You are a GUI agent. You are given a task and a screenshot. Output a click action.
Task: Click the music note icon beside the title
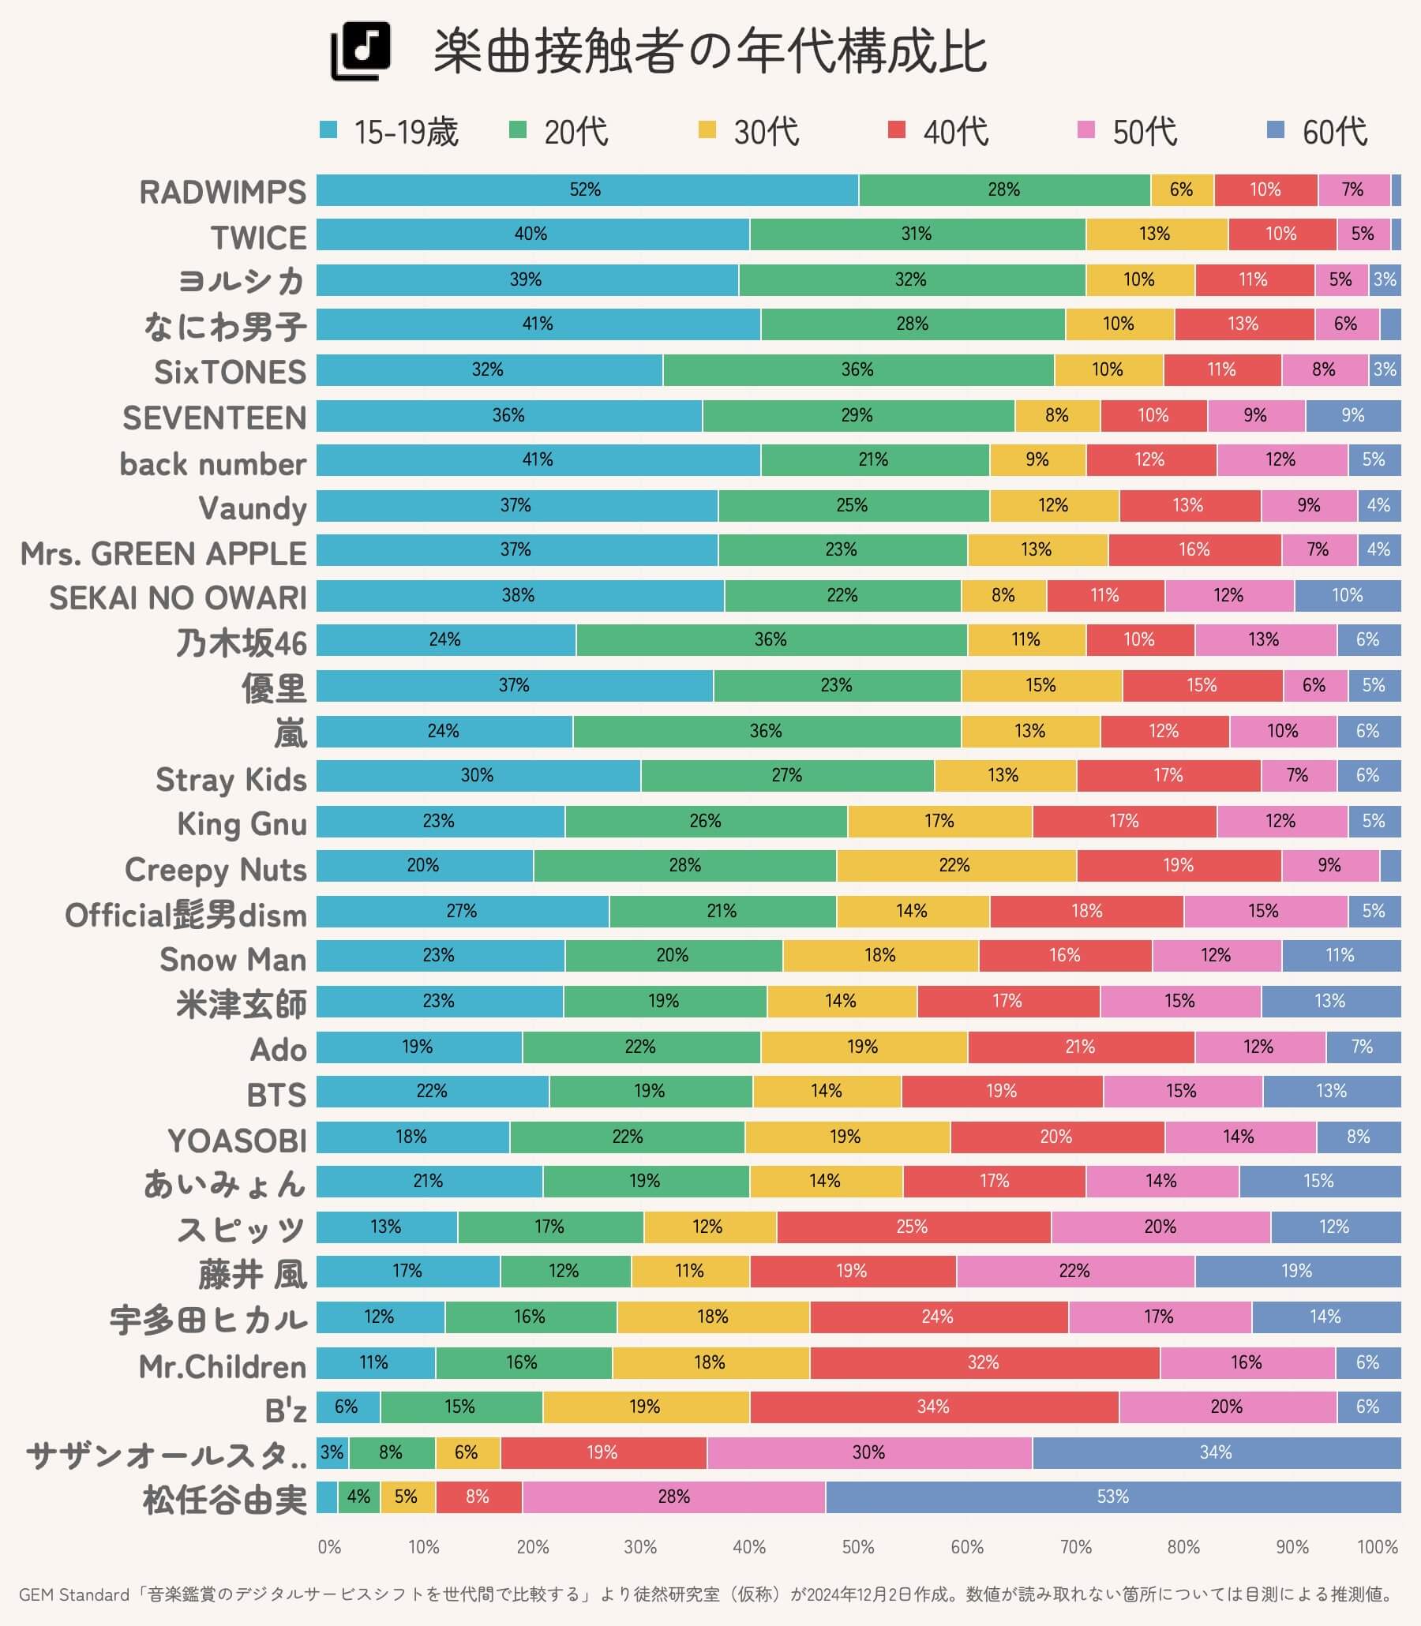[361, 51]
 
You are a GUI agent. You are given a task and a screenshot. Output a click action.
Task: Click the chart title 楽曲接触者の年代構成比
[710, 52]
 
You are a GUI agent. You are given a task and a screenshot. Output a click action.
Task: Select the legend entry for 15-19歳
[389, 132]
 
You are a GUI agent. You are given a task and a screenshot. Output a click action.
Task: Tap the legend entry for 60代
[1317, 132]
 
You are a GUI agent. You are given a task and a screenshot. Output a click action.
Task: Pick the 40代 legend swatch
[897, 130]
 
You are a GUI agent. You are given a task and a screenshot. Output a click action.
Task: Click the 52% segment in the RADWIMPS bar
[586, 190]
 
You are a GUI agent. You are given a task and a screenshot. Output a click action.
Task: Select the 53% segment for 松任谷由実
[1112, 1497]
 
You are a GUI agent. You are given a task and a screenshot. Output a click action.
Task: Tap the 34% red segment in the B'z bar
[933, 1407]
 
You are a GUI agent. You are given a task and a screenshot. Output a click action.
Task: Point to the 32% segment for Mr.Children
[984, 1362]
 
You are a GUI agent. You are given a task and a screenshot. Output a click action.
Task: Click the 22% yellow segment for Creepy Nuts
[954, 865]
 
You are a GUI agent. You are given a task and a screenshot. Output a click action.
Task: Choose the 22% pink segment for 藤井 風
[1074, 1272]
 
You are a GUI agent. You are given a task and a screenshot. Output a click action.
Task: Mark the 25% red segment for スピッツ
[913, 1227]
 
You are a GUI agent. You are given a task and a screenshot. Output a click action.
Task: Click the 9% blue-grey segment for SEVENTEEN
[1353, 415]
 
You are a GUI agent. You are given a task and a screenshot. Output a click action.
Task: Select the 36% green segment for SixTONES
[857, 369]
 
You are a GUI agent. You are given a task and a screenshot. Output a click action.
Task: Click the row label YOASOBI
[236, 1141]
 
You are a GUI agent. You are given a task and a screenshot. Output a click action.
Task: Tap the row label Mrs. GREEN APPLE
[163, 553]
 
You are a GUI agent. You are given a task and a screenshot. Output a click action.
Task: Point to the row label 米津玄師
[241, 1004]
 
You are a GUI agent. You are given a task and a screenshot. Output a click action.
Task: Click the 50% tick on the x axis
[857, 1547]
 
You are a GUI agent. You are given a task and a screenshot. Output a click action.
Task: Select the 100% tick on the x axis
[1378, 1547]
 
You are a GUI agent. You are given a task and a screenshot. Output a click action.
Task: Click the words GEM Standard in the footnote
[73, 1594]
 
